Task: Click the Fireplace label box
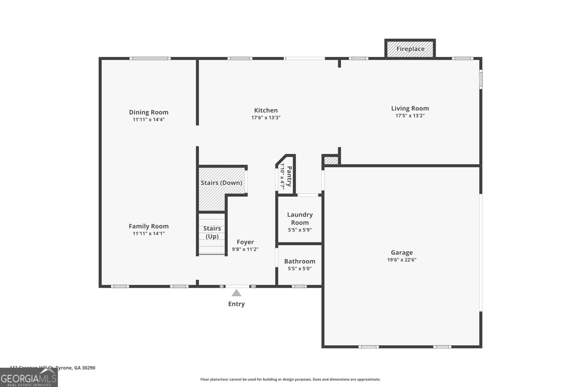pyautogui.click(x=410, y=49)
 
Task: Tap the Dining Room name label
pyautogui.click(x=149, y=112)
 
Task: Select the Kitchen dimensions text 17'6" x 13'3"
pyautogui.click(x=266, y=118)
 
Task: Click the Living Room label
pyautogui.click(x=410, y=108)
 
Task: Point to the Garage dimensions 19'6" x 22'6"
pyautogui.click(x=402, y=260)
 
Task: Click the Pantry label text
pyautogui.click(x=289, y=176)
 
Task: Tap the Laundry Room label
pyautogui.click(x=300, y=219)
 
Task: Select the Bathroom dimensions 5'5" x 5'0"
pyautogui.click(x=300, y=269)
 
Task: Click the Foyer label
pyautogui.click(x=245, y=242)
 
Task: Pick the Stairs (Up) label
pyautogui.click(x=212, y=232)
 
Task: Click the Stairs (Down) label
pyautogui.click(x=221, y=183)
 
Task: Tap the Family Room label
pyautogui.click(x=149, y=226)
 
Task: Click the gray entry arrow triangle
pyautogui.click(x=236, y=293)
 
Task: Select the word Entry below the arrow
pyautogui.click(x=236, y=304)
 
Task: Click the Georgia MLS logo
pyautogui.click(x=29, y=378)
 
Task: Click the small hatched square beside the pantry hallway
pyautogui.click(x=331, y=160)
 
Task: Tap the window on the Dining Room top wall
pyautogui.click(x=150, y=58)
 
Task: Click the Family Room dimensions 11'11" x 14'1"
pyautogui.click(x=149, y=233)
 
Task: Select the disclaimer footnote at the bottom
pyautogui.click(x=290, y=379)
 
